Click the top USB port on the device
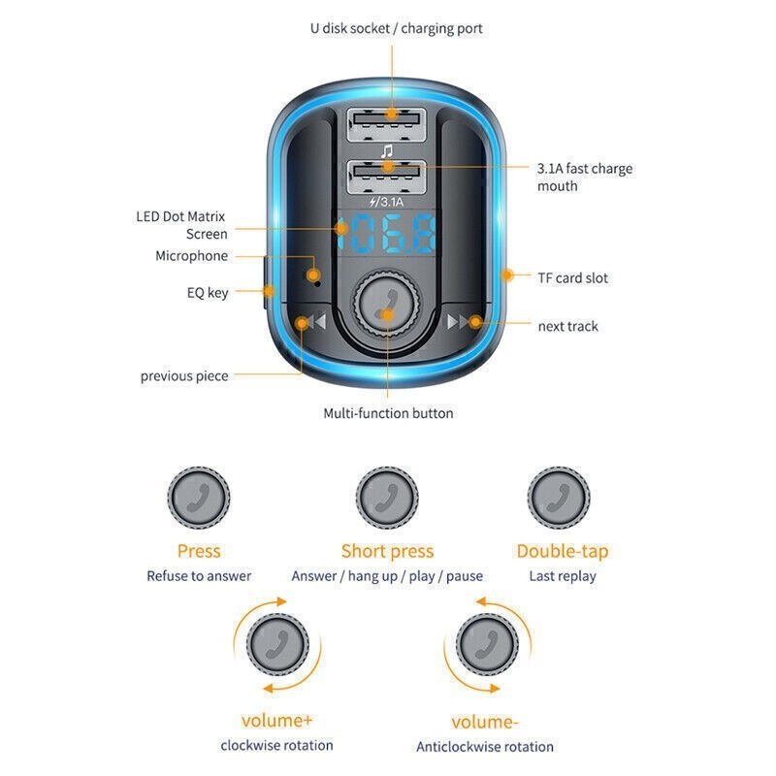pyautogui.click(x=386, y=121)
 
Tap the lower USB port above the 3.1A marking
pyautogui.click(x=386, y=172)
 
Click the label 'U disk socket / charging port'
pyautogui.click(x=396, y=28)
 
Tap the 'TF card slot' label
pyautogui.click(x=572, y=277)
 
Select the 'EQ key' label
pyautogui.click(x=208, y=292)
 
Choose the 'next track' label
pyautogui.click(x=567, y=326)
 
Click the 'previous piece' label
pyautogui.click(x=184, y=375)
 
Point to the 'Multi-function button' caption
pyautogui.click(x=388, y=413)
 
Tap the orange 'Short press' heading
pyautogui.click(x=387, y=551)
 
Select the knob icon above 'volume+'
pyautogui.click(x=276, y=644)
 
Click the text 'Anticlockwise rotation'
pyautogui.click(x=485, y=747)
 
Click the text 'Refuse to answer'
pyautogui.click(x=199, y=576)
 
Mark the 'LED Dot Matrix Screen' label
pyautogui.click(x=182, y=225)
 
